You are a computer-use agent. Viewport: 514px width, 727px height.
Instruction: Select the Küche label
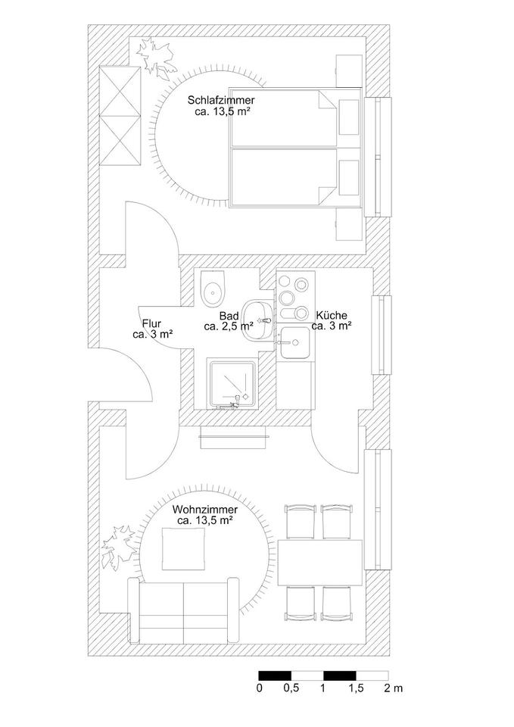[x=332, y=316]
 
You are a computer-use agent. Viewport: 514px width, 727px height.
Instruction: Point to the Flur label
[x=151, y=323]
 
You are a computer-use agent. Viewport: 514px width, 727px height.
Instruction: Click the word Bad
[x=229, y=316]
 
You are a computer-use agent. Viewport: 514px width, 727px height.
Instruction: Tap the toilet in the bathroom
[x=215, y=289]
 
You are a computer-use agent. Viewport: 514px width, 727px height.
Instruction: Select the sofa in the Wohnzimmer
[x=182, y=612]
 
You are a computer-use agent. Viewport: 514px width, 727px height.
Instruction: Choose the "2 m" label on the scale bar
[x=393, y=688]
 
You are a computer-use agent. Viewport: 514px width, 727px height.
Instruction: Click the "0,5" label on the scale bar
[x=290, y=688]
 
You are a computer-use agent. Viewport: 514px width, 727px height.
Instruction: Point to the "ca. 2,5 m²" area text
[x=229, y=327]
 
